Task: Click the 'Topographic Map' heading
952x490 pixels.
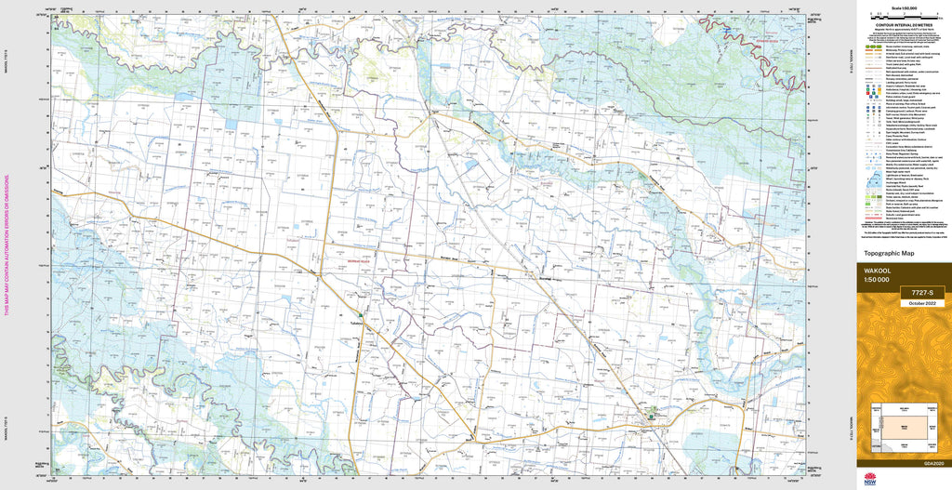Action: point(890,253)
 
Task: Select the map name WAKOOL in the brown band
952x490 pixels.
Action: point(879,271)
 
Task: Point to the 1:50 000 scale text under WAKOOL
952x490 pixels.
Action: point(877,281)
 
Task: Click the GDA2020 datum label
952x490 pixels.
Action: point(933,463)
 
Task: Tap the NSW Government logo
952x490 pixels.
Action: point(870,479)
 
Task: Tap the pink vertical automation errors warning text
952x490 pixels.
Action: point(7,245)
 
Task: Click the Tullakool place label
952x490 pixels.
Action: point(348,322)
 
